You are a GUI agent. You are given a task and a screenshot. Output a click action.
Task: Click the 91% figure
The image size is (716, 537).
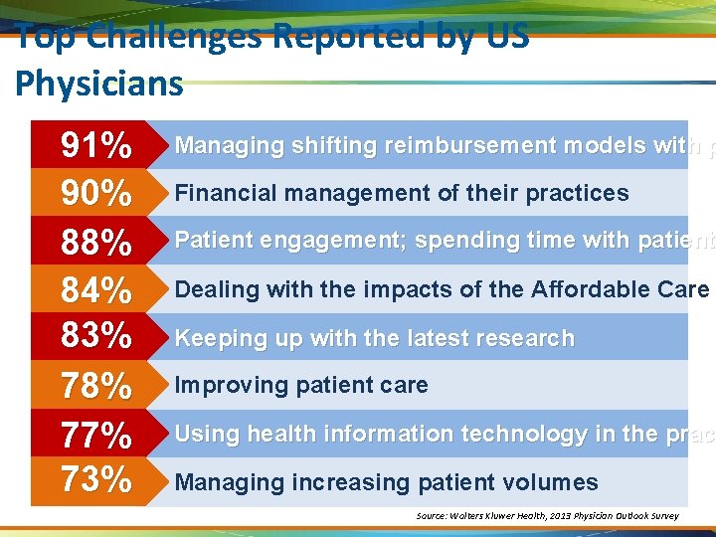click(96, 146)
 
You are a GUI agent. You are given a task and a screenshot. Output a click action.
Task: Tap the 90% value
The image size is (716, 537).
click(96, 193)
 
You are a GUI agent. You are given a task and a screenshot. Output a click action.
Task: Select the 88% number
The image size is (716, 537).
click(96, 242)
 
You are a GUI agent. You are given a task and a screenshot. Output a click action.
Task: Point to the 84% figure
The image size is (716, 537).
click(96, 290)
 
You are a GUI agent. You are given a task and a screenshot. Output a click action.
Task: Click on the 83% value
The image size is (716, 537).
click(96, 336)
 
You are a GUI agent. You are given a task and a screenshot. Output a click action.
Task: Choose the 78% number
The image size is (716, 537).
click(96, 386)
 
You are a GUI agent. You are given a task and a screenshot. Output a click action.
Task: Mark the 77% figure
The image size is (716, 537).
click(96, 435)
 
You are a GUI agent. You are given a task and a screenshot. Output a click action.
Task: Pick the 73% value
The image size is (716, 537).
click(96, 480)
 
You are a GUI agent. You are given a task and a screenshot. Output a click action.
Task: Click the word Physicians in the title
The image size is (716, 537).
click(99, 83)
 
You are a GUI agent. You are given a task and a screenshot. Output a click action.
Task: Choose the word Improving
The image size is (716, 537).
click(224, 386)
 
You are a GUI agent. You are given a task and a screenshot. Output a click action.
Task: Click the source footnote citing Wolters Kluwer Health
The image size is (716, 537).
click(547, 516)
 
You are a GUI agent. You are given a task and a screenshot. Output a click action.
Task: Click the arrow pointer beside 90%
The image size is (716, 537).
click(154, 193)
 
